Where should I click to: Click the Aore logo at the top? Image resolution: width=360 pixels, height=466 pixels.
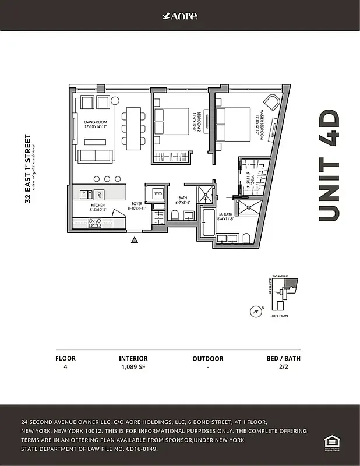[x=179, y=16]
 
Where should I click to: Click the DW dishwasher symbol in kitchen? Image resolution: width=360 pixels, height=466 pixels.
[x=99, y=194]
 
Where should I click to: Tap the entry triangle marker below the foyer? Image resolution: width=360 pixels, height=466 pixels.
[x=135, y=239]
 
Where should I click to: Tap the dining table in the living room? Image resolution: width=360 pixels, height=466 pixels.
[x=135, y=126]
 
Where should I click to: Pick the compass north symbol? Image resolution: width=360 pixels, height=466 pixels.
[x=255, y=311]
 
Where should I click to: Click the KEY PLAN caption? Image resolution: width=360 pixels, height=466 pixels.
[x=280, y=316]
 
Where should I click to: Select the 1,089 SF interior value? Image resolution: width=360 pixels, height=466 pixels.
[x=133, y=368]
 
